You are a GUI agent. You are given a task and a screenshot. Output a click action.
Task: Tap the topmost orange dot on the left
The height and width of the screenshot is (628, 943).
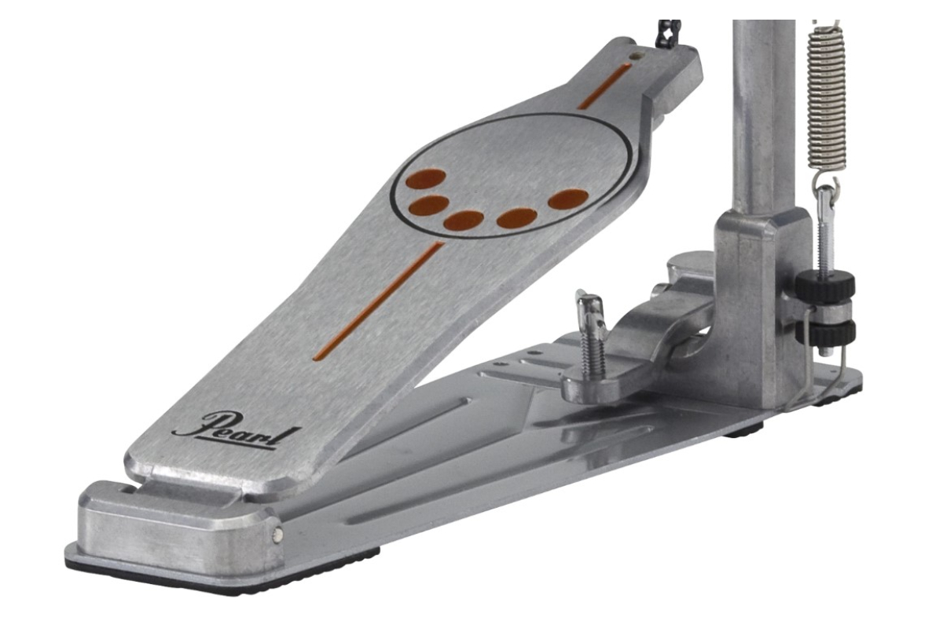click(x=426, y=180)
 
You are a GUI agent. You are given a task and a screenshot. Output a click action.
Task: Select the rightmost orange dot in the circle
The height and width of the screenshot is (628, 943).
click(x=568, y=199)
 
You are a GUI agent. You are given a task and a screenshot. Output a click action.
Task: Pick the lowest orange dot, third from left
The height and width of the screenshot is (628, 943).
click(x=464, y=221)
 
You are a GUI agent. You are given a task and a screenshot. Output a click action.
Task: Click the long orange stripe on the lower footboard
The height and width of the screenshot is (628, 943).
click(x=379, y=301)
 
